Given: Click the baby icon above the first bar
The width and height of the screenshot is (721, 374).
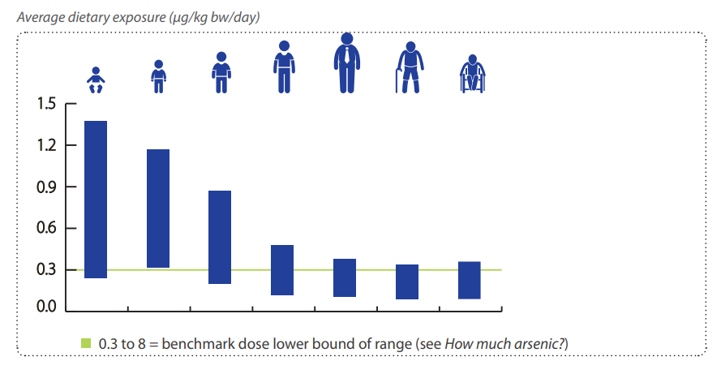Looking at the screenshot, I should tap(96, 80).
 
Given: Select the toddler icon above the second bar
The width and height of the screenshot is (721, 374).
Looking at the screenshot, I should tap(158, 76).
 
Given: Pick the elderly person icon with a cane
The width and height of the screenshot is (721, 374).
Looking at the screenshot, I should tap(409, 68).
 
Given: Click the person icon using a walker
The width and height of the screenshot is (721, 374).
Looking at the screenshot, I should tap(470, 74).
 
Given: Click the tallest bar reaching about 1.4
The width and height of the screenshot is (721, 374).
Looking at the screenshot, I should tap(96, 200).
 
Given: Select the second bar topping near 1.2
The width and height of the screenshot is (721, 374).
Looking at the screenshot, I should tap(158, 208).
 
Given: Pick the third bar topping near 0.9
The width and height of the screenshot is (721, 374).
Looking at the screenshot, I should tap(220, 237).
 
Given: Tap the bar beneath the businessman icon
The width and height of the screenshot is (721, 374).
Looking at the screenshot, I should tap(345, 277).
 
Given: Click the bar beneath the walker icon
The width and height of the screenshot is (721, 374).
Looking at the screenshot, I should tap(470, 280).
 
